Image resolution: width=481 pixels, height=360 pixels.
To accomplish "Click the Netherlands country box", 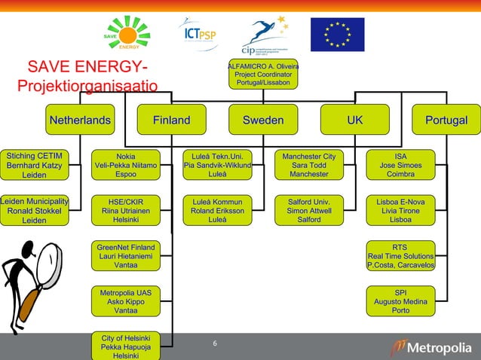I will (x=80, y=121).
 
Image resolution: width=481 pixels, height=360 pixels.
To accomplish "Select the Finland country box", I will (x=171, y=121).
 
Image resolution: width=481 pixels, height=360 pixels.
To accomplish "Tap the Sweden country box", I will (x=263, y=121).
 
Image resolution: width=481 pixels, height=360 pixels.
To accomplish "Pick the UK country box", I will (x=354, y=121).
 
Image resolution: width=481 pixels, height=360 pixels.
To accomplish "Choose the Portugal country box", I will (x=446, y=121).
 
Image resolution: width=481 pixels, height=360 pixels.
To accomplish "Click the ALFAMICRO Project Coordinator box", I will (x=263, y=74).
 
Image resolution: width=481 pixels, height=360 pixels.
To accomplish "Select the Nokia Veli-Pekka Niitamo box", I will (x=126, y=165).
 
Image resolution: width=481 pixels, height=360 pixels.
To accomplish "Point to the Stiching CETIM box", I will (x=34, y=165).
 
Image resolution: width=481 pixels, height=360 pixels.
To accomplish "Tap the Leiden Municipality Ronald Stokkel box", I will (x=34, y=211).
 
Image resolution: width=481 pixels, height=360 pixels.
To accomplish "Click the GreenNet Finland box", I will (x=126, y=256).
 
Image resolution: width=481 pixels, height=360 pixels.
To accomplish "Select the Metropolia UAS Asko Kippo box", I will (x=126, y=301).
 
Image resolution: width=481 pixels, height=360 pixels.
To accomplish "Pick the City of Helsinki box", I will (x=126, y=346).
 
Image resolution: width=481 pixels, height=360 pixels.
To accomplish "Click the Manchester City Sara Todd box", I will (x=309, y=165).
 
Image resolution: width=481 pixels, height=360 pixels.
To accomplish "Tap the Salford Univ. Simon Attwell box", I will (x=309, y=211).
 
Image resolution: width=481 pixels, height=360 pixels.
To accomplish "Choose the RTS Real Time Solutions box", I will (x=400, y=256).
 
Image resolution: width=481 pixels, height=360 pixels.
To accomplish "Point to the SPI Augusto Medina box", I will (x=400, y=301).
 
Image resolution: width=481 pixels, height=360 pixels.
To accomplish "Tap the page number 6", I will (x=215, y=345).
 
